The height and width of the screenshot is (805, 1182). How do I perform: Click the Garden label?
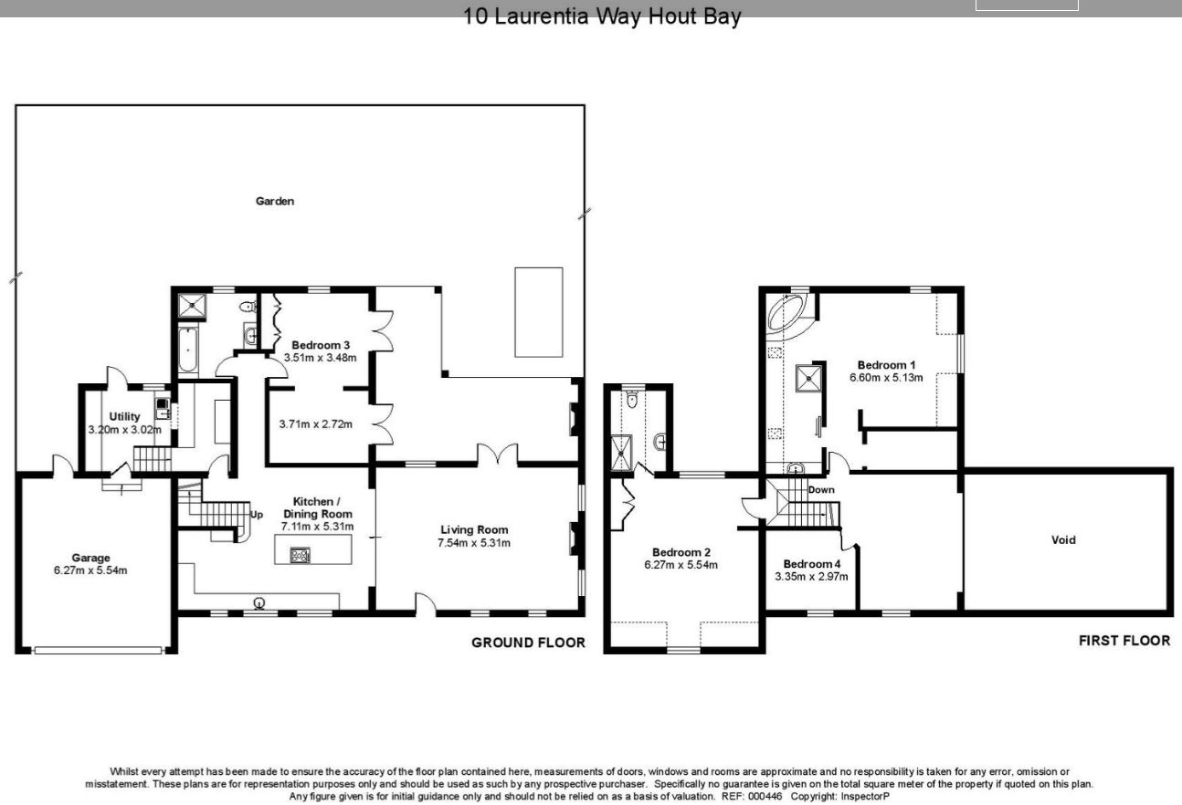click(274, 201)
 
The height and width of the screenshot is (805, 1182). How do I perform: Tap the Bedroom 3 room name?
click(321, 345)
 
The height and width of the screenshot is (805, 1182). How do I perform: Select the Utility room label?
click(124, 416)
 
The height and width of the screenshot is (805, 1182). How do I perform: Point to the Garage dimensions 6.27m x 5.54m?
click(90, 570)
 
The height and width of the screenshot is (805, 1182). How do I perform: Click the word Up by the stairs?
click(257, 515)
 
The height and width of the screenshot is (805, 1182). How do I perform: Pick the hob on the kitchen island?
click(301, 555)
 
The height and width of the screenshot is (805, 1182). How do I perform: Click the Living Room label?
click(474, 529)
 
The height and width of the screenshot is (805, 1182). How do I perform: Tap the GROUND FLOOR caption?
click(528, 643)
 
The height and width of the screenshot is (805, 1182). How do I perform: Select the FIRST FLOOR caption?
click(1124, 641)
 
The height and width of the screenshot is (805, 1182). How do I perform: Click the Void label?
click(1063, 539)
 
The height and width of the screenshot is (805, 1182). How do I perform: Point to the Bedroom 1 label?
click(886, 365)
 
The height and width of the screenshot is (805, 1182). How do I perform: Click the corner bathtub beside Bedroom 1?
click(787, 312)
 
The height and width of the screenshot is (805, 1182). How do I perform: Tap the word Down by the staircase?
click(821, 490)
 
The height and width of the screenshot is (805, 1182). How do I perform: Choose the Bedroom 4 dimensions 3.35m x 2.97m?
click(811, 577)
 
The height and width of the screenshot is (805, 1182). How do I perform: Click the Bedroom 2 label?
click(681, 552)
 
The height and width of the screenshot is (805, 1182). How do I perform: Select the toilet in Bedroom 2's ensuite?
click(632, 400)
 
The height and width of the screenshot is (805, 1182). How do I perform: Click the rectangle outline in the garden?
click(538, 312)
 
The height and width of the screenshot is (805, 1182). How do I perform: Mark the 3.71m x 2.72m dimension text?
click(315, 424)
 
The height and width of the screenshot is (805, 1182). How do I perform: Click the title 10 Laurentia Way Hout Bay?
click(602, 16)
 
